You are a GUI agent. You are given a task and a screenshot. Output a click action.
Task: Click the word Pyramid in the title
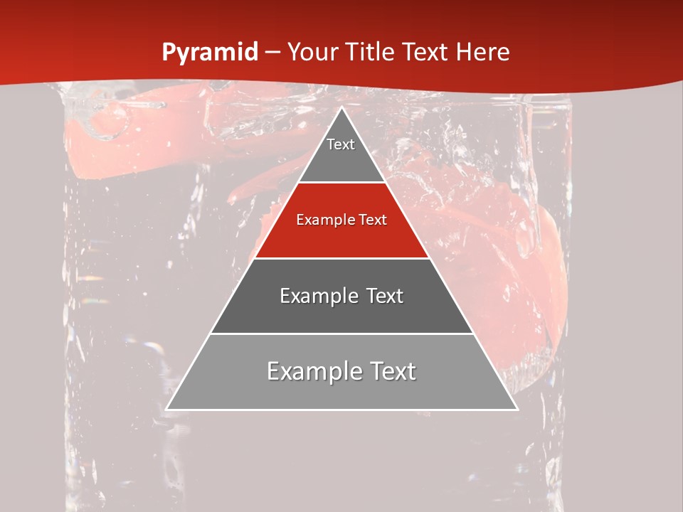209,53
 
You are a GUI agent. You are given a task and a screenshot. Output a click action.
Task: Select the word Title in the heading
373,53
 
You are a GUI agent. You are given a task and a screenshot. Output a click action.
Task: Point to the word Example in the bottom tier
312,371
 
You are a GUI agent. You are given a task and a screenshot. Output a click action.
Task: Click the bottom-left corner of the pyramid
166,410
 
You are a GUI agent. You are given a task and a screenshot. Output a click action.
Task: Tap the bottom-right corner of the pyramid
517,410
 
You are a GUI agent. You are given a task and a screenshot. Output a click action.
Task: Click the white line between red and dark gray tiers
341,258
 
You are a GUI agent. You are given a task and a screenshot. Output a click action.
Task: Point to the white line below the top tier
341,183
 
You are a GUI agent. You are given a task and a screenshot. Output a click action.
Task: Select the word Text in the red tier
372,220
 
